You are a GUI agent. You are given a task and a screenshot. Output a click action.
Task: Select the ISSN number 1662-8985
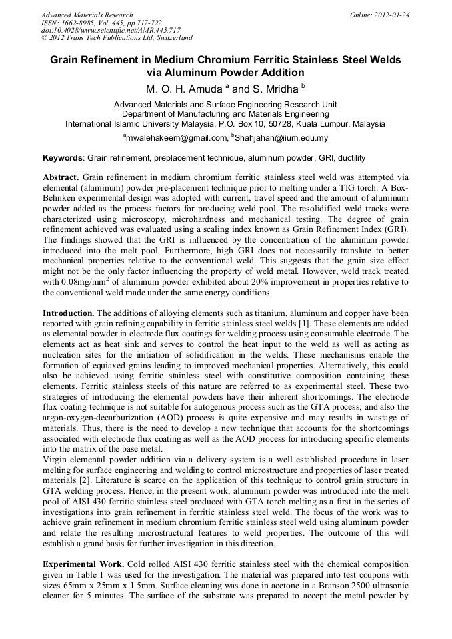pos(81,22)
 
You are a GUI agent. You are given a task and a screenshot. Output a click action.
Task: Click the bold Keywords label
pos(63,159)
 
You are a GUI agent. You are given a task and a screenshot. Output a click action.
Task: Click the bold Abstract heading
pos(61,178)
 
